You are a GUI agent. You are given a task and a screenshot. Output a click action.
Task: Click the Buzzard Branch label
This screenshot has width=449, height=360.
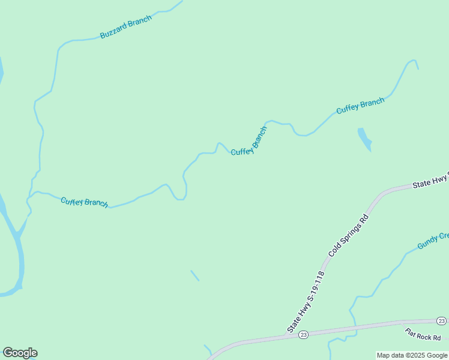[x=126, y=27]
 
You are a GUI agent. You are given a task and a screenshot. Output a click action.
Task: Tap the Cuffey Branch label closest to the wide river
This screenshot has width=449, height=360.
[x=84, y=202]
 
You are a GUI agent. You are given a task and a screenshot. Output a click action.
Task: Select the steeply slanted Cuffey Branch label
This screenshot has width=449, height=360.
[x=249, y=142]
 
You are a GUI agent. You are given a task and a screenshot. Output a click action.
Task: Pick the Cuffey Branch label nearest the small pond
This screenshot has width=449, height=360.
[x=360, y=106]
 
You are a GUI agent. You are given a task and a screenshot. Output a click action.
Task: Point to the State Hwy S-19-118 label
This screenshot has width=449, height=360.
[x=306, y=302]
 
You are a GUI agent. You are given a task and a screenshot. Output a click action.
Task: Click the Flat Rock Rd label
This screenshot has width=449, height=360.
[x=423, y=333]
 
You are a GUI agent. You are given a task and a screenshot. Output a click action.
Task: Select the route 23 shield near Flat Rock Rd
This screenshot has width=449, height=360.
[x=441, y=322]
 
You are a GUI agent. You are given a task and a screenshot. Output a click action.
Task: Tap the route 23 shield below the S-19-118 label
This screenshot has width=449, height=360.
[x=303, y=334]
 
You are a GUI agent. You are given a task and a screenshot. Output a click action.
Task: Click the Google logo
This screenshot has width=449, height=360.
[x=20, y=353]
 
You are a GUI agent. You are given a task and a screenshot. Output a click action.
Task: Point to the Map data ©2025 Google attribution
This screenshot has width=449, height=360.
[x=412, y=355]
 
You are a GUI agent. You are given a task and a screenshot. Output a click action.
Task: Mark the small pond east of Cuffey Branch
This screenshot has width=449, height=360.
[x=364, y=139]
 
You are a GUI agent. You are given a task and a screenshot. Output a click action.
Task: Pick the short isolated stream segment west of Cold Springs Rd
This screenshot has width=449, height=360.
[x=194, y=275]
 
